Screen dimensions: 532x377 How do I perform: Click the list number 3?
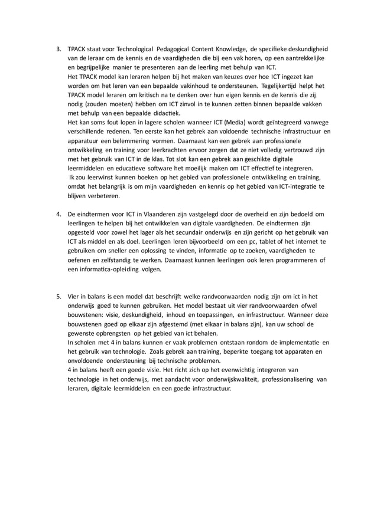(58, 49)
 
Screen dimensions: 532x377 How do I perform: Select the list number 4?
(58, 214)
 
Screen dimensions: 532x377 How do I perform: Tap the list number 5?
(58, 296)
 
